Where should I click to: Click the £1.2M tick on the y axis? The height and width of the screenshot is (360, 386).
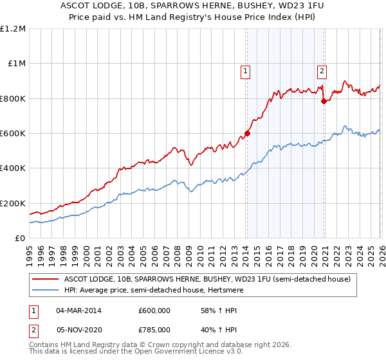[14, 29]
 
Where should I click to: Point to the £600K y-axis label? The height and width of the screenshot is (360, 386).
[14, 134]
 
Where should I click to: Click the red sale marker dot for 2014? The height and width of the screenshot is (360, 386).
[247, 134]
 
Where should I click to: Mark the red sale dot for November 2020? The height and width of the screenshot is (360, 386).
[323, 101]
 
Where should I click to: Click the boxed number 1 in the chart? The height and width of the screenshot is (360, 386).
[246, 71]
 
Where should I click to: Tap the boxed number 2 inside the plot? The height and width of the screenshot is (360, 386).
[322, 71]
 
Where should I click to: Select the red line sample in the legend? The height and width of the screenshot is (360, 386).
[45, 279]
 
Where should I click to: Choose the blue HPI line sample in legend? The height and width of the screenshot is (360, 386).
[45, 290]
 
